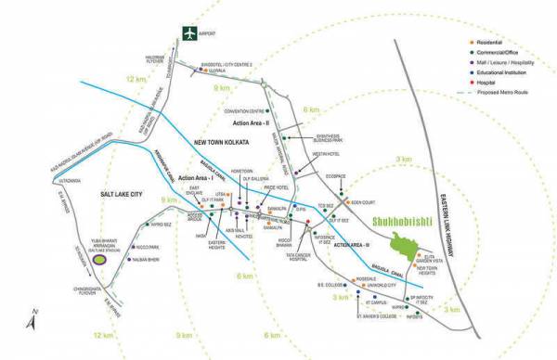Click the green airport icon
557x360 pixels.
[x=189, y=34]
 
